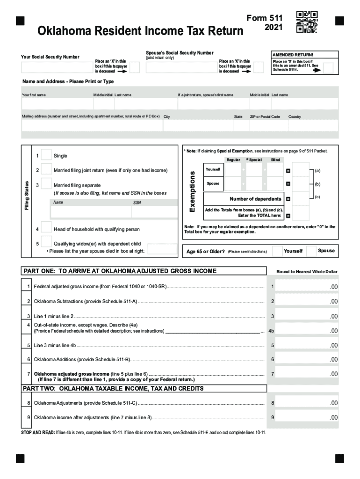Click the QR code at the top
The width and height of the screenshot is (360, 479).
coord(307,22)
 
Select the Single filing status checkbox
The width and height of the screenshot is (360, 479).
coord(46,155)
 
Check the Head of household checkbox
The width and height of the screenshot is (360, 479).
coord(46,228)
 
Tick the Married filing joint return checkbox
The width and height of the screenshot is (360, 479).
coord(46,169)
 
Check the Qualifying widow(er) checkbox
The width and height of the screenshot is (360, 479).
coord(46,242)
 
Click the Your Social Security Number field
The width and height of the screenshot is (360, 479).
coord(57,68)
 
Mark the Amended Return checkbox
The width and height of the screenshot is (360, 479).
coord(328,68)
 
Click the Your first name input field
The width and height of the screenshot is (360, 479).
coord(56,104)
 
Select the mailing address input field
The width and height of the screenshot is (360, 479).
coord(91,125)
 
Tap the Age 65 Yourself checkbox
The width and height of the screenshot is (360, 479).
coord(277,251)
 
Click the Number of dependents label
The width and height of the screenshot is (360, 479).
coord(255,199)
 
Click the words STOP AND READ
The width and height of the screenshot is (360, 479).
coord(37,433)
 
